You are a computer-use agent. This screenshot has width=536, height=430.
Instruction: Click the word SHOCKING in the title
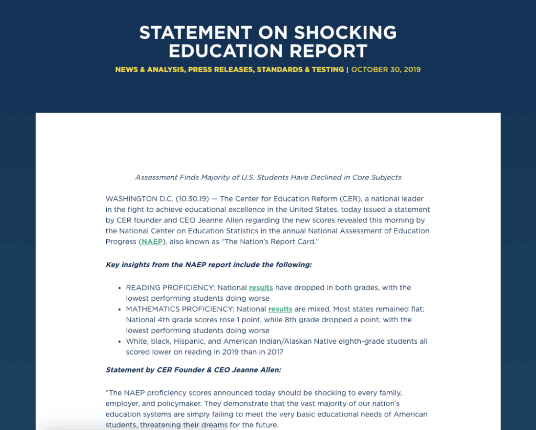pos(345,32)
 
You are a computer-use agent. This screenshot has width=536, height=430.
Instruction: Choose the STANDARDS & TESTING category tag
pos(300,70)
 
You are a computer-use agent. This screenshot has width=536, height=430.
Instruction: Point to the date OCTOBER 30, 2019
pos(386,70)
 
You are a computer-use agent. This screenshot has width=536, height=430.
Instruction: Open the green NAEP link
pos(152,242)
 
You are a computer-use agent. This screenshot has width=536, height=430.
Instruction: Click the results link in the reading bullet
pos(261,288)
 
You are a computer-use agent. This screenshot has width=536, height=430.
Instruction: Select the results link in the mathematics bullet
pos(280,309)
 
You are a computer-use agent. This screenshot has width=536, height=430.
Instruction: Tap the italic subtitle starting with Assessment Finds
pos(268,177)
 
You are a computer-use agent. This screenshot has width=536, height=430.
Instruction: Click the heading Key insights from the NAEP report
pos(208,265)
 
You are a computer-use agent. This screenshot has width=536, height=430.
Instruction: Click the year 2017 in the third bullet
pos(274,352)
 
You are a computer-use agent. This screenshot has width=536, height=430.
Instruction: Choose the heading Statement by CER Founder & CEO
pos(193,370)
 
